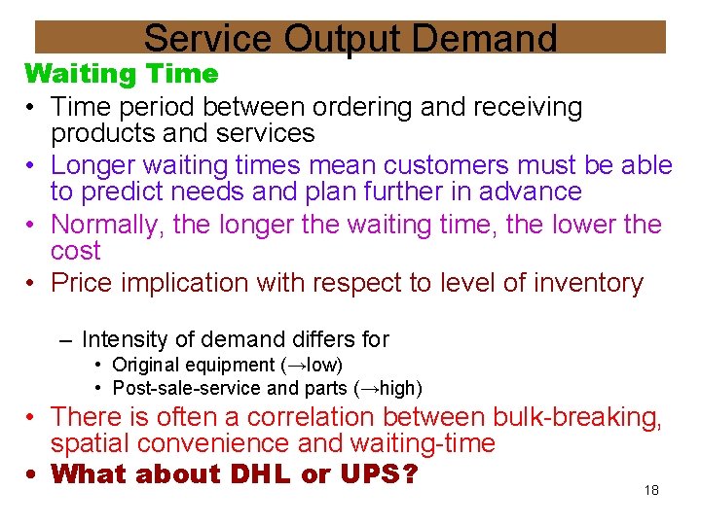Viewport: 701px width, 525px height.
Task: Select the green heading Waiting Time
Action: click(122, 74)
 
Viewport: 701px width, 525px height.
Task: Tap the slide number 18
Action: click(651, 490)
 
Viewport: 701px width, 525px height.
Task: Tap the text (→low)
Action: click(312, 366)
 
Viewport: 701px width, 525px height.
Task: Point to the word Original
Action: click(146, 366)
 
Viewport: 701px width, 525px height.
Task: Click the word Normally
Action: click(107, 225)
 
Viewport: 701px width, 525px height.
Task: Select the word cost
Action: click(76, 252)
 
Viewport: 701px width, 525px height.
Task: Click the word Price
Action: click(81, 284)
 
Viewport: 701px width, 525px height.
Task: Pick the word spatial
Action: click(92, 444)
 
